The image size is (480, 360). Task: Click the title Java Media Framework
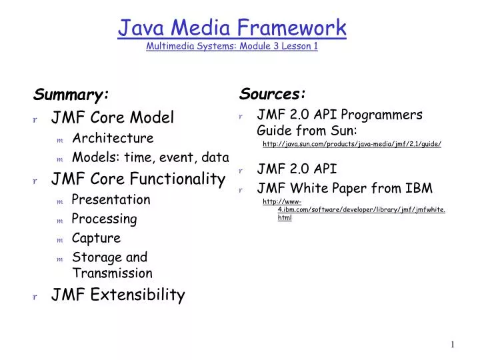click(232, 28)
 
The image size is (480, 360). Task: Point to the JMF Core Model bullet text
click(113, 118)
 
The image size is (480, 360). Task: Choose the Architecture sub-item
click(113, 139)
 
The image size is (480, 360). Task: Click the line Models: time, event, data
click(150, 158)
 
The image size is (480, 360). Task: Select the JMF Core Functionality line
click(138, 179)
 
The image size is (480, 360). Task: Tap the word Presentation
click(111, 199)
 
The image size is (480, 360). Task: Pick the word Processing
click(104, 219)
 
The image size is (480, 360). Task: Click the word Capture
click(96, 238)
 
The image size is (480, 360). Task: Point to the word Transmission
click(112, 273)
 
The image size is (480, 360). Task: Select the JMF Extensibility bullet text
click(118, 295)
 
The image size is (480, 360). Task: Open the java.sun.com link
click(352, 144)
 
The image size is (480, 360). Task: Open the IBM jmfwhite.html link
click(361, 210)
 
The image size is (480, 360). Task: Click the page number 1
click(452, 345)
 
